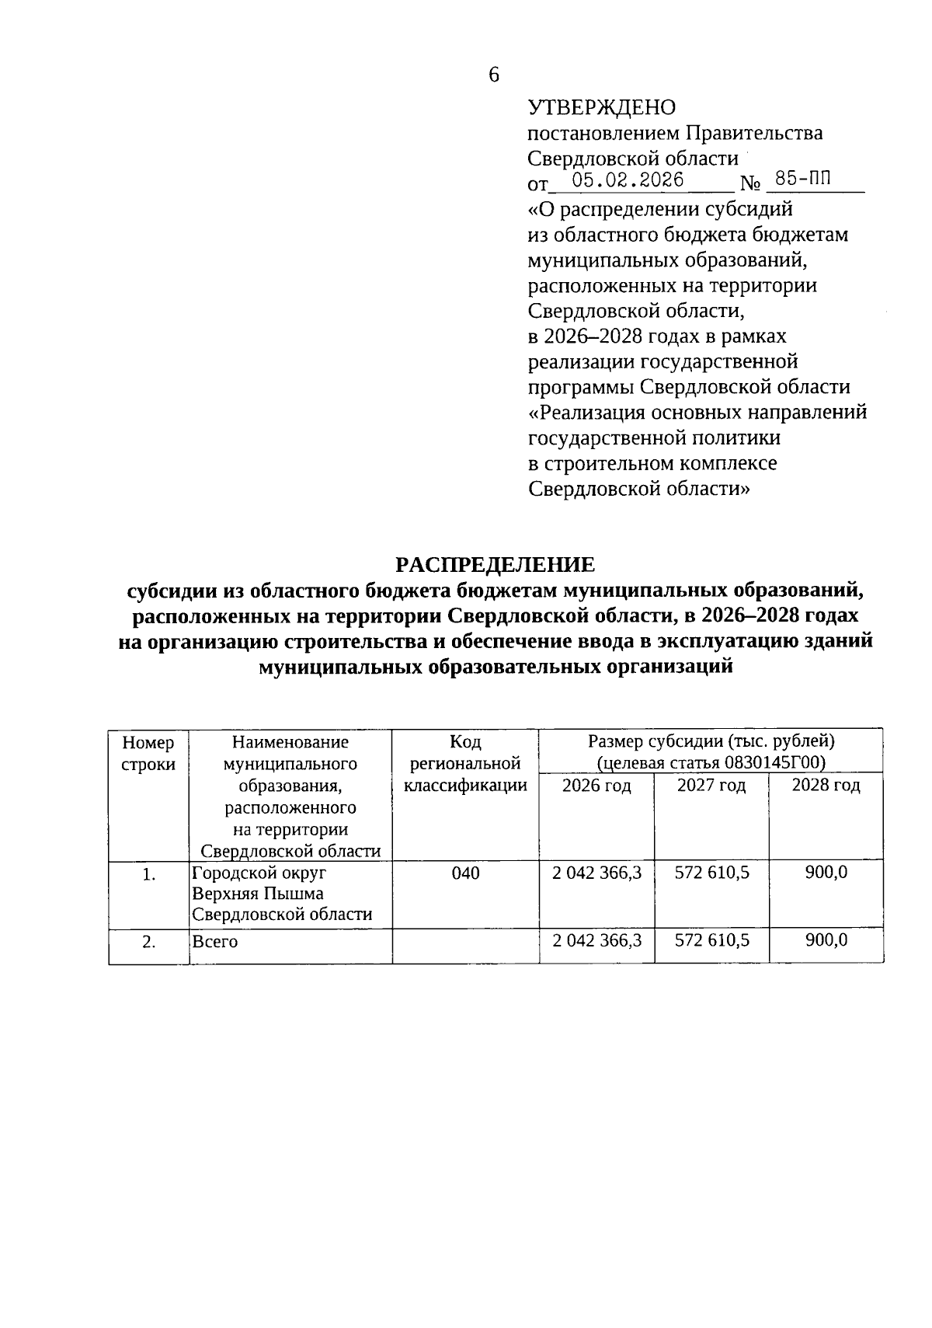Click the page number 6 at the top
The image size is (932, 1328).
click(494, 75)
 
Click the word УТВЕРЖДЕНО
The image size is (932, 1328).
click(601, 107)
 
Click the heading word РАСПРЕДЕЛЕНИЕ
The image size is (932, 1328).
click(495, 564)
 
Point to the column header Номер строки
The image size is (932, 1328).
click(148, 753)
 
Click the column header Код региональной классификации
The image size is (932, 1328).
click(465, 764)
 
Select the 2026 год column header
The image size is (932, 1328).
click(596, 786)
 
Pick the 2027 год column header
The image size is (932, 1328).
click(711, 786)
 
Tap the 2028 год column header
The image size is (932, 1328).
click(826, 786)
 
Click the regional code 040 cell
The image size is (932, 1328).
click(465, 873)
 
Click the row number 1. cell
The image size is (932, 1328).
click(149, 875)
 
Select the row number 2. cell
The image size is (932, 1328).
click(149, 942)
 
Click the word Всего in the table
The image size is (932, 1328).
click(215, 942)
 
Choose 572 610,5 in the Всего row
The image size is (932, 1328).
click(711, 940)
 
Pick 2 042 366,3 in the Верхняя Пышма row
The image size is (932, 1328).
click(596, 873)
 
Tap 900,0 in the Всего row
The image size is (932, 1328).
click(826, 940)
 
